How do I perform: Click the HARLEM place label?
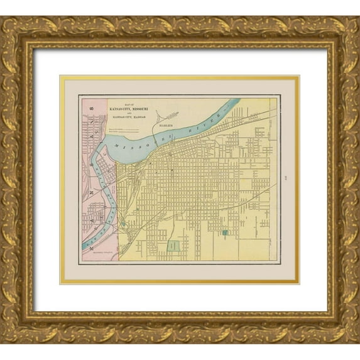point(166,126)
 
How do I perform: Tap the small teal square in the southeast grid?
point(224,233)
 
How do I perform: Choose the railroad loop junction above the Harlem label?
point(168,117)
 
